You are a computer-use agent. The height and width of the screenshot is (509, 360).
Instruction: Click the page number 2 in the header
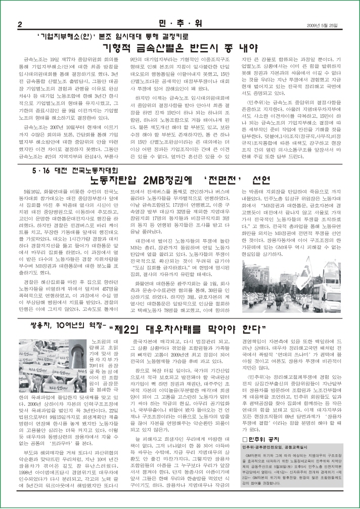(19, 25)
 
